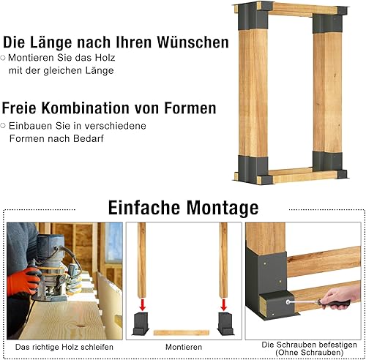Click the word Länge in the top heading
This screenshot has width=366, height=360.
[x=51, y=42]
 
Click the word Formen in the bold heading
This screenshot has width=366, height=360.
[x=190, y=108]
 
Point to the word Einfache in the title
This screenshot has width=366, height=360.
[x=144, y=208]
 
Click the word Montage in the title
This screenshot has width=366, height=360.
[x=223, y=208]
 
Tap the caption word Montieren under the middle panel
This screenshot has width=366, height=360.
[x=184, y=347]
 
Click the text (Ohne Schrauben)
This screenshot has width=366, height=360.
[x=310, y=353]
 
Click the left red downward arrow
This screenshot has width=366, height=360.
[x=143, y=304]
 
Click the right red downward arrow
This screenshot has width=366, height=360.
[x=224, y=304]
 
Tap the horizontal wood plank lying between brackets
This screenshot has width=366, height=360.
[x=182, y=333]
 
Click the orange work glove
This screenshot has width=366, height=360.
[x=24, y=281]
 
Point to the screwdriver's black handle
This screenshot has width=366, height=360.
[x=336, y=304]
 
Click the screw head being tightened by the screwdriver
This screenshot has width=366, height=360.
[x=288, y=302]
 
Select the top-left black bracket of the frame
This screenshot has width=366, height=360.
[x=253, y=16]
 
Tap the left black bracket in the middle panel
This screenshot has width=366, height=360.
[x=141, y=323]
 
